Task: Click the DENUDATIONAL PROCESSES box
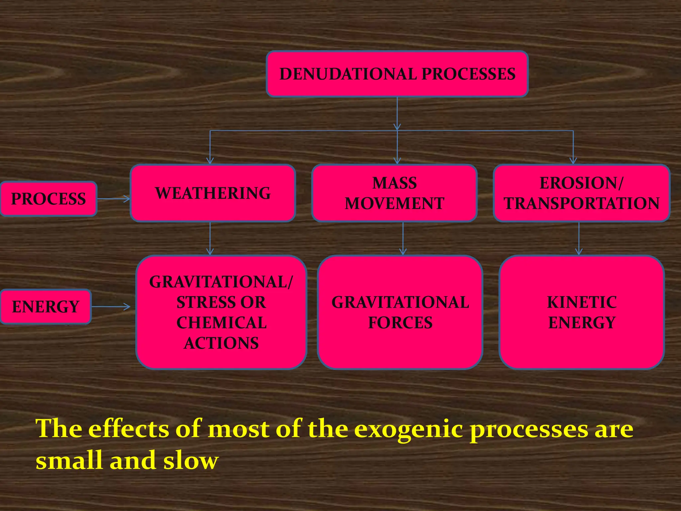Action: point(397,74)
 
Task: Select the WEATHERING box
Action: point(213,193)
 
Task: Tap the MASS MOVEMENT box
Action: point(394,193)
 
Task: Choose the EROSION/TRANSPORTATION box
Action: point(581,193)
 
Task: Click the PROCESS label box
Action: point(49,199)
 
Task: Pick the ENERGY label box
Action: point(46,307)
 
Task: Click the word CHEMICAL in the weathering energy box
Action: point(221,323)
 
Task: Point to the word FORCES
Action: point(400,323)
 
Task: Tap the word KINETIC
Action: point(582,302)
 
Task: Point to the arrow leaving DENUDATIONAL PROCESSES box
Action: point(397,113)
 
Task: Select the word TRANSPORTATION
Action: point(582,203)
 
